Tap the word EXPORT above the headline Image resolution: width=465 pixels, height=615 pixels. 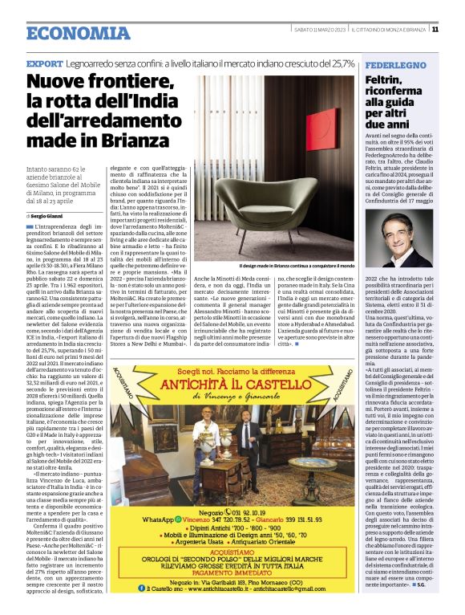click(x=45, y=63)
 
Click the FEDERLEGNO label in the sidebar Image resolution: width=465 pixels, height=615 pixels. click(x=390, y=63)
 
